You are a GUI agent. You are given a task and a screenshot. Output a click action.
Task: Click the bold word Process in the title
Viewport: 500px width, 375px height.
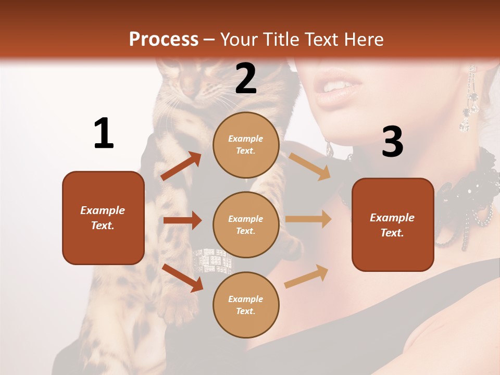click(x=164, y=39)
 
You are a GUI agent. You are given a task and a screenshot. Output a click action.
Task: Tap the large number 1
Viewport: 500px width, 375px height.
click(x=104, y=134)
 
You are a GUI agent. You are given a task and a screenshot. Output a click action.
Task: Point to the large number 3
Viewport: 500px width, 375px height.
click(x=392, y=142)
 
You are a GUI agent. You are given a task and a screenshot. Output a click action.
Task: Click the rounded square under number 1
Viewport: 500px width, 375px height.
click(x=103, y=218)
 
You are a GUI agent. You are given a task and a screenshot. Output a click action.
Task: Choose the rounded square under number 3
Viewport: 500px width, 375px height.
click(x=393, y=224)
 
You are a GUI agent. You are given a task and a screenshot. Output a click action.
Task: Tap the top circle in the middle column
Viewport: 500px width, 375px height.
click(x=246, y=145)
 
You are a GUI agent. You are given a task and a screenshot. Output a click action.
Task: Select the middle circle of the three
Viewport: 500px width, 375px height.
click(x=246, y=224)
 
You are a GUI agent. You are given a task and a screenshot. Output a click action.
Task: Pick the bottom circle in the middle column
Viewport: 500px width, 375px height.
click(x=246, y=305)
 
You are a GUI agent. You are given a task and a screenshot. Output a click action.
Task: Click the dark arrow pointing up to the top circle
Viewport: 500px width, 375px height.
click(x=181, y=166)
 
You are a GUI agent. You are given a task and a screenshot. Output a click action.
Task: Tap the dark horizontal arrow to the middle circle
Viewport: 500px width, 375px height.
click(x=182, y=220)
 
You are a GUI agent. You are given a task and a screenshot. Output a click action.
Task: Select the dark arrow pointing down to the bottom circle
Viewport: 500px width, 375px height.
click(x=182, y=277)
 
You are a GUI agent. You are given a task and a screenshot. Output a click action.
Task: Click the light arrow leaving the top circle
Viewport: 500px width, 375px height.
click(x=309, y=166)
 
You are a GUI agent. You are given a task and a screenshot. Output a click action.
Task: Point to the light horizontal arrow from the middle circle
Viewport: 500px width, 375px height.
click(x=308, y=219)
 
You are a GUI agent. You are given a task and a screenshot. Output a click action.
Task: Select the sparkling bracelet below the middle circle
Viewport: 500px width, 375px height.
click(x=213, y=260)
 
